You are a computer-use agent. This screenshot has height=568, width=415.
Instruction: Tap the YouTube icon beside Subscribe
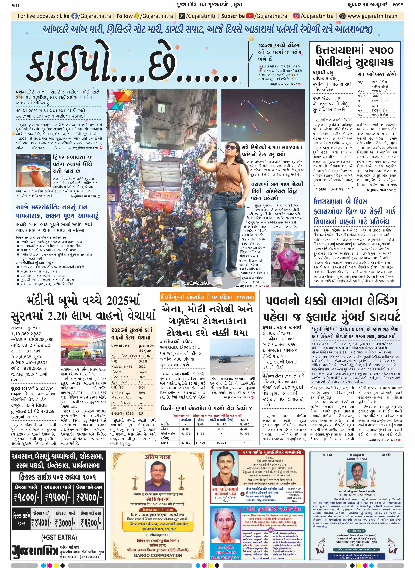[x=250, y=16]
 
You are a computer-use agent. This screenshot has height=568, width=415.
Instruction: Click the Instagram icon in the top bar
[x=296, y=16]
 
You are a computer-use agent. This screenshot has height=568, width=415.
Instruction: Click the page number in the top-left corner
[x=16, y=5]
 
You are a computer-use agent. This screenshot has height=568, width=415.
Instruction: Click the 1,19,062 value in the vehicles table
[x=144, y=356]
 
